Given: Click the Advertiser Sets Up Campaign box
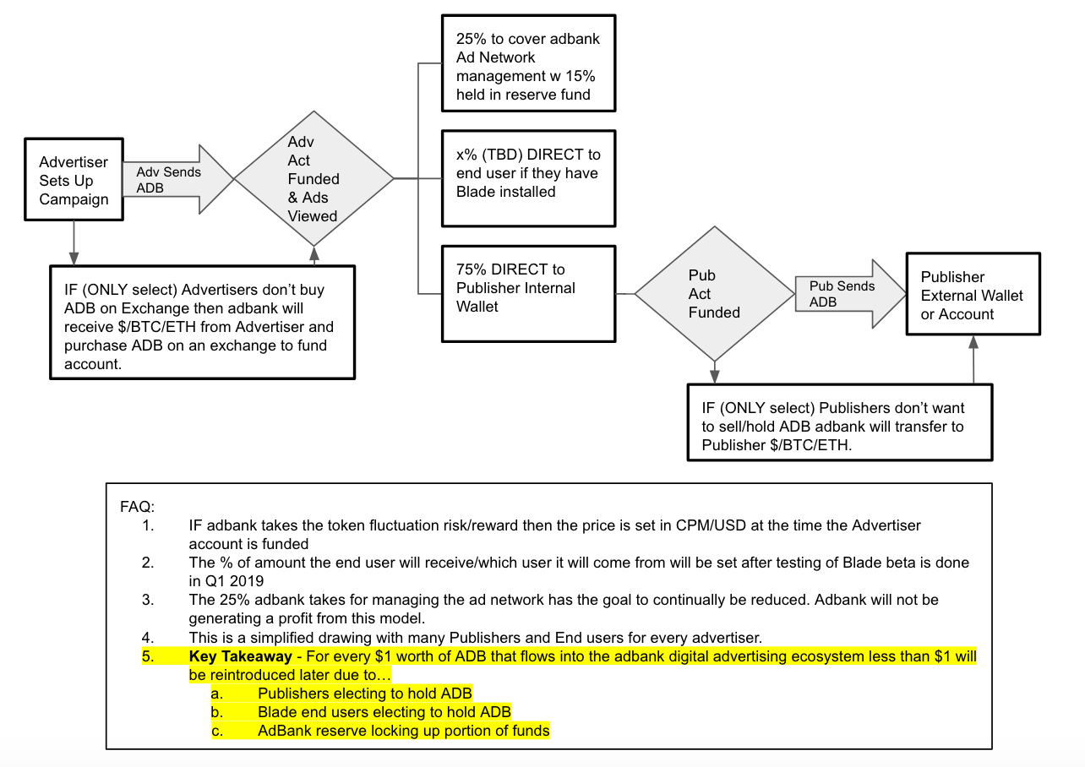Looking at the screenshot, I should [74, 180].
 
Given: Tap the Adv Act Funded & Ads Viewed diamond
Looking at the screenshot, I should [314, 179].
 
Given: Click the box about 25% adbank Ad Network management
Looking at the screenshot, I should [528, 63].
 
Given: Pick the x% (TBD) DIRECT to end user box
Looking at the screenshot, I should [528, 177].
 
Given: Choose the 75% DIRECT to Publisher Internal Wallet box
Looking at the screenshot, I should [528, 292].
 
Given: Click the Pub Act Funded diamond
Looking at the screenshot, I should [714, 294].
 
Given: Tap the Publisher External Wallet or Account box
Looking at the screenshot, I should [973, 295].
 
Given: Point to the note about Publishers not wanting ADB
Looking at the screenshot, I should [839, 422].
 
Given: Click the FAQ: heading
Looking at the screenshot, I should [138, 507].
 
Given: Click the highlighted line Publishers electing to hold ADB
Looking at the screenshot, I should [364, 694].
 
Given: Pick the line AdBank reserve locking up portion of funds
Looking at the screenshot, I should [403, 731].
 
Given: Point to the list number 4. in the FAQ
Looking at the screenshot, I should [149, 637].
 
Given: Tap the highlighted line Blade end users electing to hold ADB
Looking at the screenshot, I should [384, 712].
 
